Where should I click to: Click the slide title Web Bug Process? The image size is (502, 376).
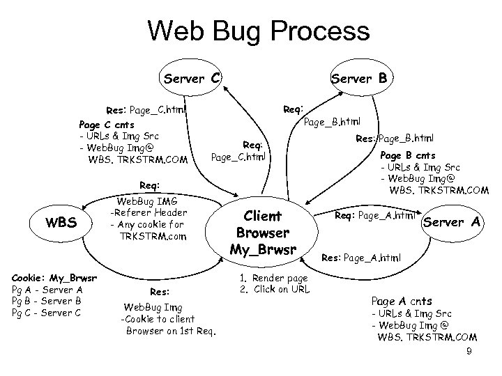pos(258,31)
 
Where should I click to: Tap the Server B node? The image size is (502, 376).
pos(359,78)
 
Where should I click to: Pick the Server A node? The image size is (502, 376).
pos(452,221)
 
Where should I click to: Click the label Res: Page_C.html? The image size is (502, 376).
pos(146,109)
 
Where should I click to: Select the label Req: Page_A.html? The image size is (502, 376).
pos(375,216)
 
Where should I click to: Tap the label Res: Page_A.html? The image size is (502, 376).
pos(362,257)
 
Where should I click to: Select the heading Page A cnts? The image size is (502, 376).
pos(401,301)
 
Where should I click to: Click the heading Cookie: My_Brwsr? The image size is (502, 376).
pos(53,279)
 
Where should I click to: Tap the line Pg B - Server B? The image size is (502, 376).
pos(47,301)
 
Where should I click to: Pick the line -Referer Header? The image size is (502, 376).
pos(149,212)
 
